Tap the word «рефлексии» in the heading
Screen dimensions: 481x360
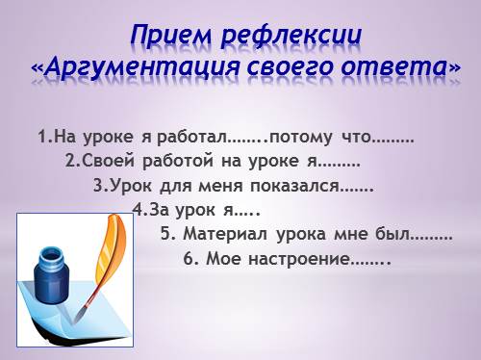tap(291, 36)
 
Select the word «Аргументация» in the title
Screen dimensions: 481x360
tap(141, 67)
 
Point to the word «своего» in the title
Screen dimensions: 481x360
tap(290, 67)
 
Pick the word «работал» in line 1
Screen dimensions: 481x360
tap(191, 137)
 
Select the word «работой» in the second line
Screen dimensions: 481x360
tap(178, 161)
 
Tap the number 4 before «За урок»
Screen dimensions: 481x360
tap(139, 210)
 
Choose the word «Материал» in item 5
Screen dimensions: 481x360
tap(225, 234)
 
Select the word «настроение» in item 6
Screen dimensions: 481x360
tap(299, 259)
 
